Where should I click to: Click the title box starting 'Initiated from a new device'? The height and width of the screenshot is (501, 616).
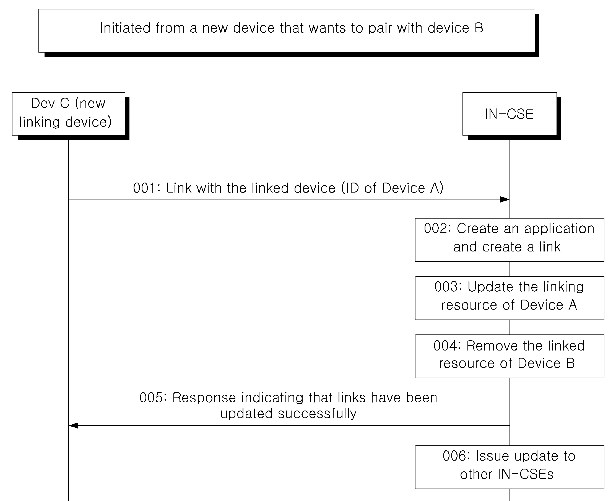coord(287,31)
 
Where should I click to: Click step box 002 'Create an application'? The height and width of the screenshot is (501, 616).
coord(510,240)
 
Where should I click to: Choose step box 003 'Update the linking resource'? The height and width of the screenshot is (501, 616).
coord(510,298)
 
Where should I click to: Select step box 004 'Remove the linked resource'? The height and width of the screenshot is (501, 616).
coord(510,356)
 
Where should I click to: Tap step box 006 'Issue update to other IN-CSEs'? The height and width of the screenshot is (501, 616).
coord(510,467)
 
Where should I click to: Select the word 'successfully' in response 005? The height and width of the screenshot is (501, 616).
coord(317,414)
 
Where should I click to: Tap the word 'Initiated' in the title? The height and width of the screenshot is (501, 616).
coord(125,28)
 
